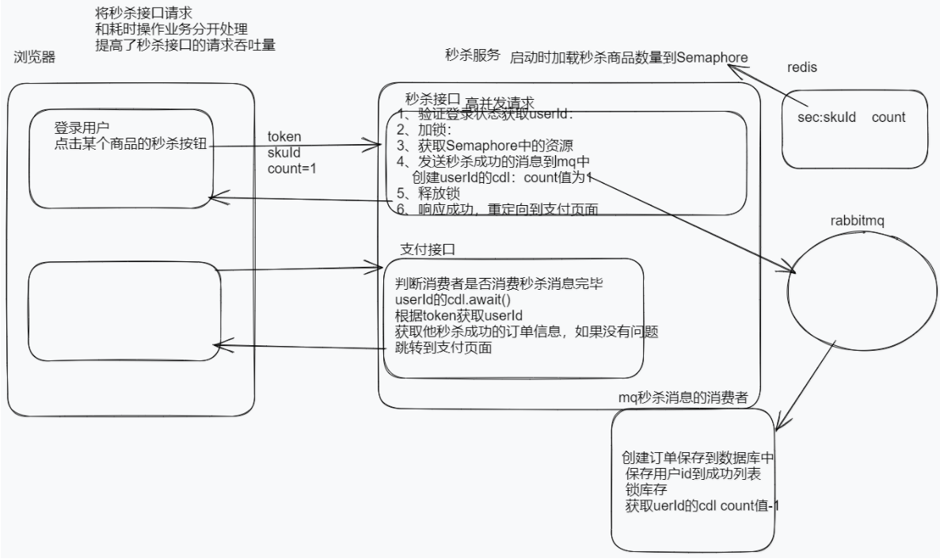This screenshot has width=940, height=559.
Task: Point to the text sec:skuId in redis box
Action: [828, 117]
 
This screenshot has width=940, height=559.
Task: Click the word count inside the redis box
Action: [889, 117]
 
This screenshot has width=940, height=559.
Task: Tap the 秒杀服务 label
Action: [473, 55]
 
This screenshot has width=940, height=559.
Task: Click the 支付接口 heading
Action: [428, 249]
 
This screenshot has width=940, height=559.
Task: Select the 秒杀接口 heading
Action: [432, 99]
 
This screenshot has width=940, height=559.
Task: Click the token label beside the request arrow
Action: [284, 137]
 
